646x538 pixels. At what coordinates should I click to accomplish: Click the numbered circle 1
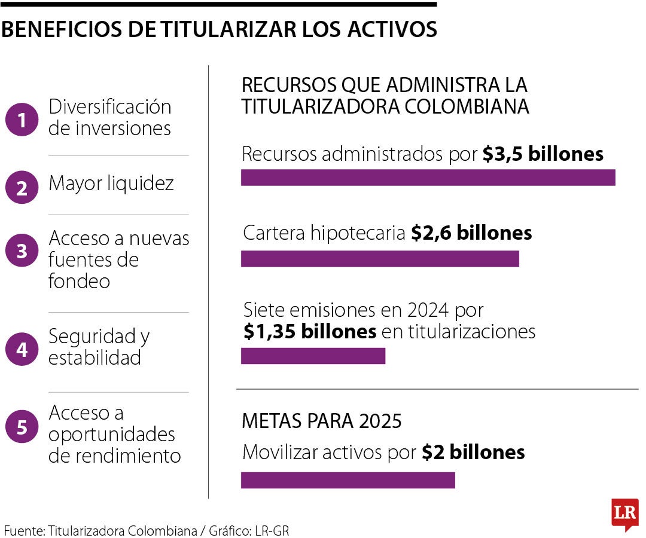pyautogui.click(x=22, y=120)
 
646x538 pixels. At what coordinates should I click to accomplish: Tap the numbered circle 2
pyautogui.click(x=22, y=188)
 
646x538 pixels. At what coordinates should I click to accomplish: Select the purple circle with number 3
pyautogui.click(x=22, y=251)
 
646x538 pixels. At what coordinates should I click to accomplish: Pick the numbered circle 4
pyautogui.click(x=22, y=349)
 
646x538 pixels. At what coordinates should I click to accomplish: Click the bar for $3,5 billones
pyautogui.click(x=428, y=178)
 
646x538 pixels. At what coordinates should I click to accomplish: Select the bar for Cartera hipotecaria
pyautogui.click(x=380, y=259)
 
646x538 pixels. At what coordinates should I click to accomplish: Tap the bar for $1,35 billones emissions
pyautogui.click(x=313, y=356)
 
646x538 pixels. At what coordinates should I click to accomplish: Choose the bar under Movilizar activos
pyautogui.click(x=348, y=480)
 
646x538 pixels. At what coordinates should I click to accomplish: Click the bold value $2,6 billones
pyautogui.click(x=471, y=233)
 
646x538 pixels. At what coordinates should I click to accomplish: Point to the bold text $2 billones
pyautogui.click(x=473, y=453)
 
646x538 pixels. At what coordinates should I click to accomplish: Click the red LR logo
pyautogui.click(x=624, y=513)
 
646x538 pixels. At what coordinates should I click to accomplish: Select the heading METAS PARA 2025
pyautogui.click(x=321, y=421)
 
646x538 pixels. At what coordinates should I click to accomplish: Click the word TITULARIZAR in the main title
pyautogui.click(x=217, y=29)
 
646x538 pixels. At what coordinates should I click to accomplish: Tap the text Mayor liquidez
pyautogui.click(x=111, y=184)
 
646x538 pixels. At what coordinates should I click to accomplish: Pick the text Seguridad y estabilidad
pyautogui.click(x=99, y=347)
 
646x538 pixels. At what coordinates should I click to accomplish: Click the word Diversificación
pyautogui.click(x=110, y=107)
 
